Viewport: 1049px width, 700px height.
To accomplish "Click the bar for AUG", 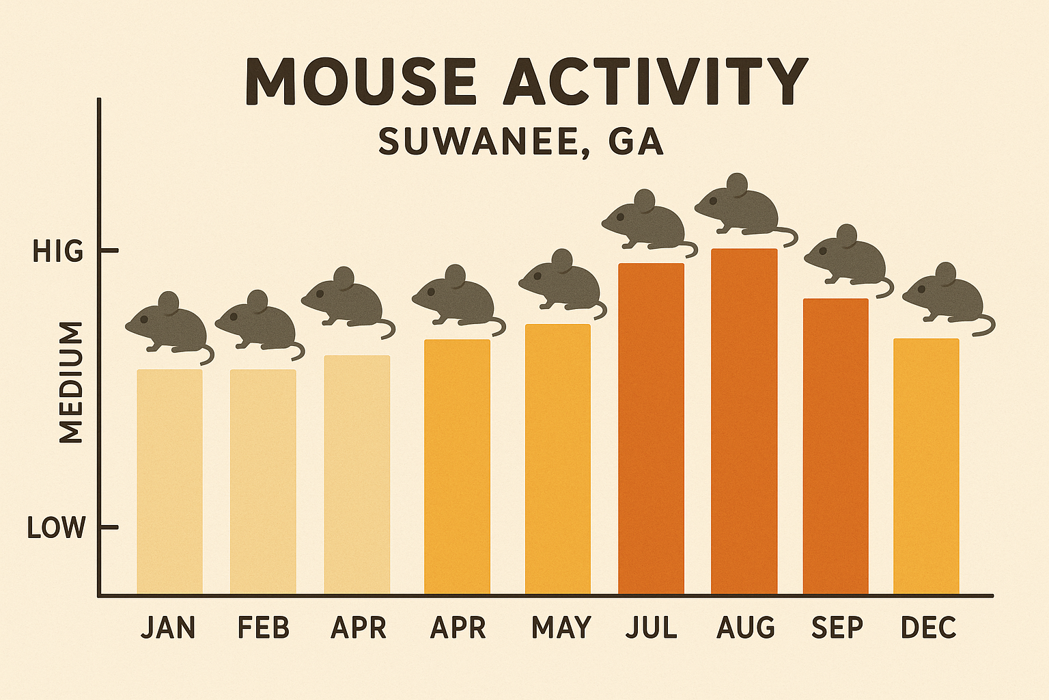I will coord(744,420).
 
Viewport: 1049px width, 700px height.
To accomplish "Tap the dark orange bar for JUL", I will coord(651,427).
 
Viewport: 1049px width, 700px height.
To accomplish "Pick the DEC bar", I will coord(926,465).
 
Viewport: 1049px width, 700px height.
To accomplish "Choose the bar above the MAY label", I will coord(557,458).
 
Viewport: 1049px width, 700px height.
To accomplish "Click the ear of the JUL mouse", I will coord(644,200).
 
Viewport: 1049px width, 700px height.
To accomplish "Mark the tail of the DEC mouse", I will coord(983,327).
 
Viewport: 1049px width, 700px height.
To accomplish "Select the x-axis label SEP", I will coord(837,628).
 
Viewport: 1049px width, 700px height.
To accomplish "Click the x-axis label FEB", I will coord(263,628).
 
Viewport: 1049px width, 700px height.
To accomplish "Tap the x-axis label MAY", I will coord(561,628).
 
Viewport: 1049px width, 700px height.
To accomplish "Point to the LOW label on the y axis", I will coord(56,528).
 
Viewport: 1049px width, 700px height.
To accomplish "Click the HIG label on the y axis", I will coord(57,252).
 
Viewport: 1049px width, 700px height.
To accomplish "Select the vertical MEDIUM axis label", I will coord(70,383).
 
